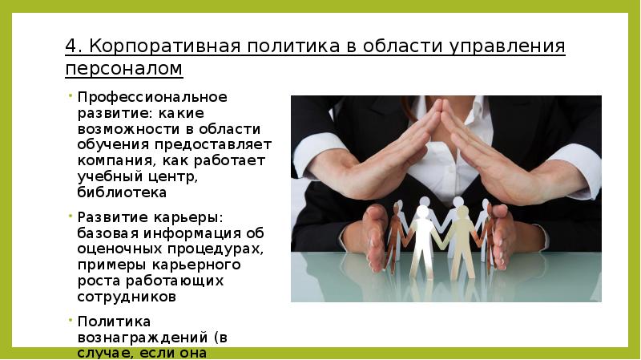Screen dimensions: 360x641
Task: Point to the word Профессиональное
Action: point(152,97)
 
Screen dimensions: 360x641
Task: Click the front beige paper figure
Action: point(461,241)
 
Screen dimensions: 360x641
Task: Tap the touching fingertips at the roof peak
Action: point(441,109)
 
